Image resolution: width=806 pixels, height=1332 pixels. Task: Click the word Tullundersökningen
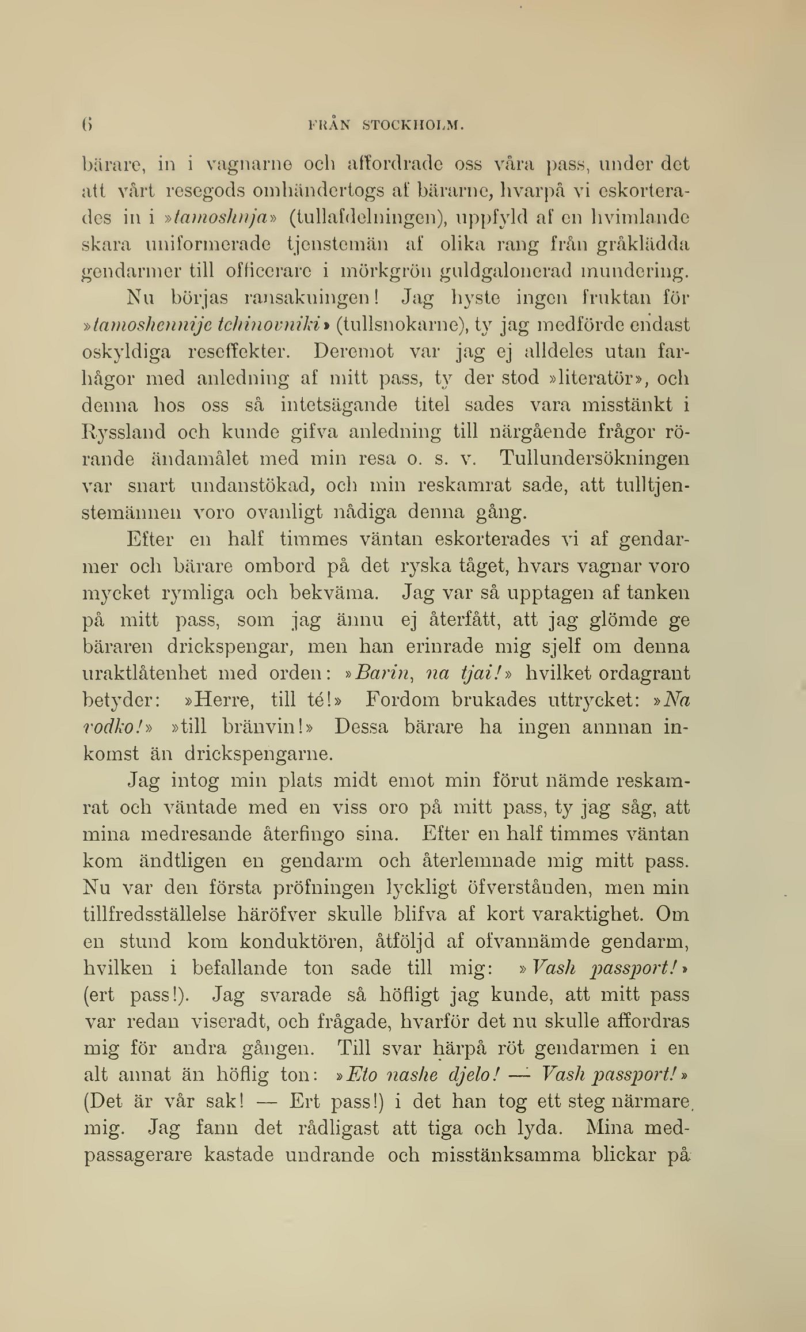click(594, 458)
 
